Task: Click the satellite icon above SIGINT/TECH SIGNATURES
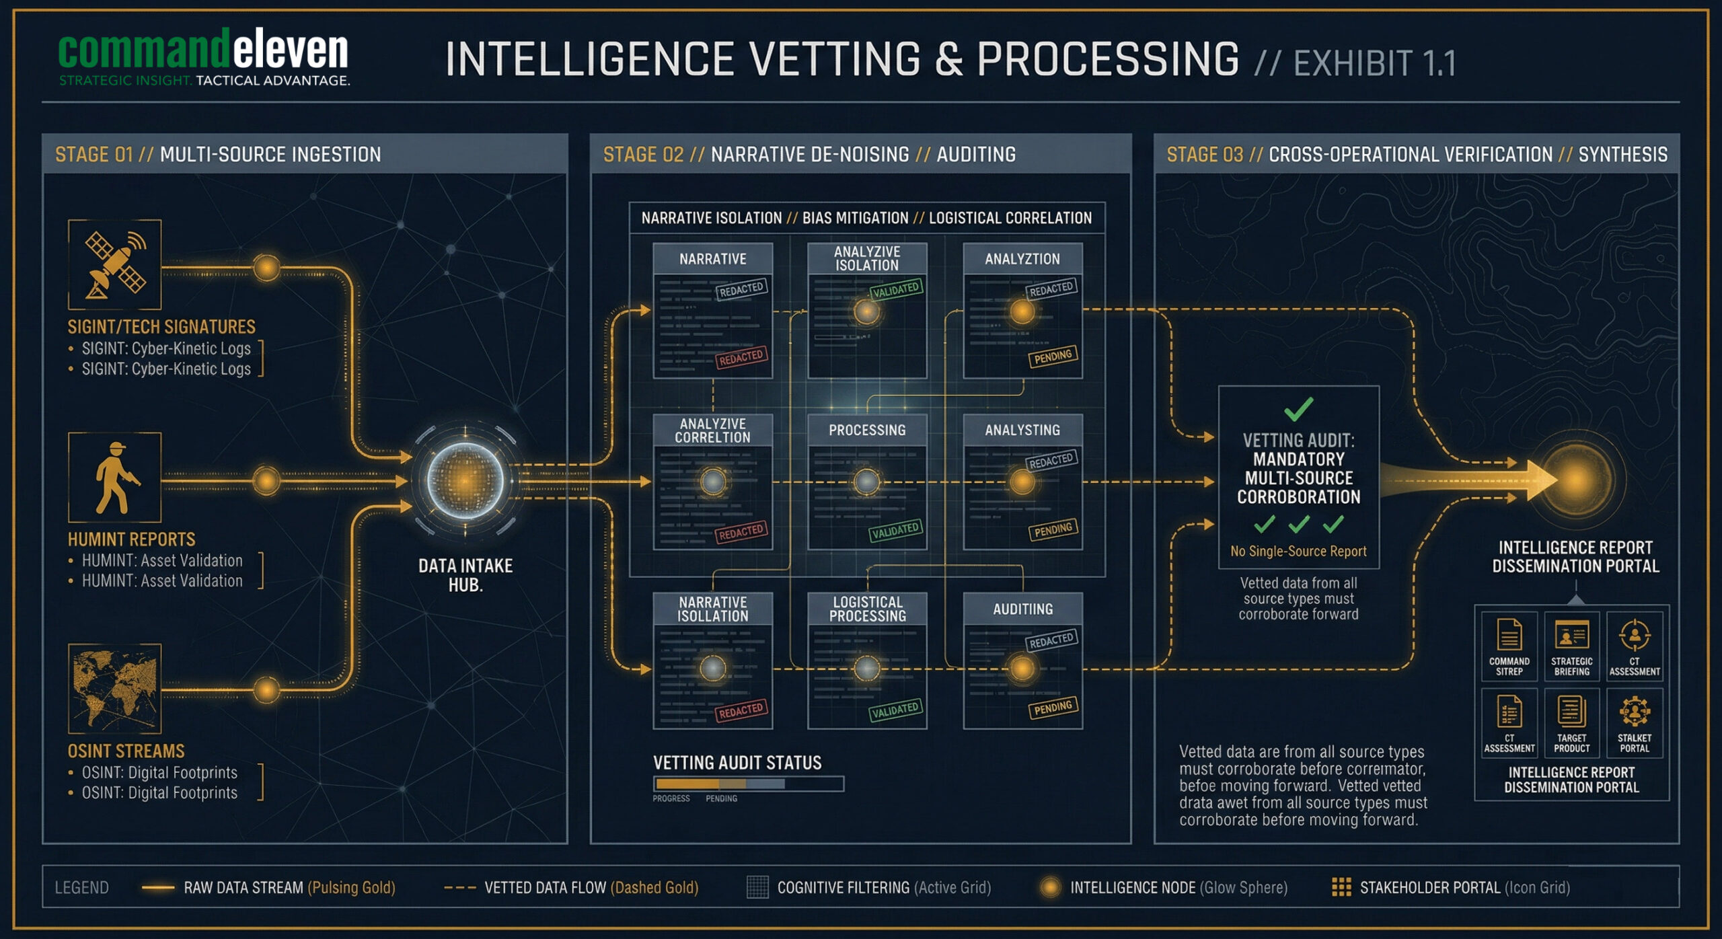coord(115,264)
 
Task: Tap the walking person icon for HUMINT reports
coord(115,478)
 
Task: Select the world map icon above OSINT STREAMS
coord(115,687)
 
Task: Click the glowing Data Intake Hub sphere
coord(465,480)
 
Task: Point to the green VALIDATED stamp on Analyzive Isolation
coord(895,290)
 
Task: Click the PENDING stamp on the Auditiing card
coord(1053,708)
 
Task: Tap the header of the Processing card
coord(867,430)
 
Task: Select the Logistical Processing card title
coord(867,609)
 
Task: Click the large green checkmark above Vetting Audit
coord(1298,408)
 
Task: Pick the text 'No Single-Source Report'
coord(1298,552)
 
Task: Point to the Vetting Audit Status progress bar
coord(748,784)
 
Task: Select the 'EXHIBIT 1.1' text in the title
coord(1375,64)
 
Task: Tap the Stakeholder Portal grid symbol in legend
coord(1341,887)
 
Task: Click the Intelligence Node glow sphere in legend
coord(1050,887)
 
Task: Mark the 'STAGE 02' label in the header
coord(643,155)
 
